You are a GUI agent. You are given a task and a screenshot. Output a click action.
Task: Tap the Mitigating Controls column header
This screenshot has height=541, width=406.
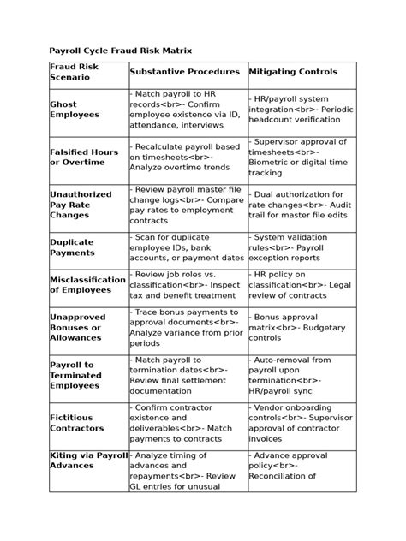[x=292, y=72]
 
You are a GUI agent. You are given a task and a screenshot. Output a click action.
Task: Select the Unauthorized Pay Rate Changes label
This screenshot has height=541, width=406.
[x=81, y=205]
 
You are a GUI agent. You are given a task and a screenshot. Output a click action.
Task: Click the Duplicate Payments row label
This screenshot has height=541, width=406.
[x=72, y=247]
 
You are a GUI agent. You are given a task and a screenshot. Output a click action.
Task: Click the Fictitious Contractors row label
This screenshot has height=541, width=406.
[x=76, y=423]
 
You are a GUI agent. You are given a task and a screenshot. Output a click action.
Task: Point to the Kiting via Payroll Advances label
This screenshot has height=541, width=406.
[x=88, y=461]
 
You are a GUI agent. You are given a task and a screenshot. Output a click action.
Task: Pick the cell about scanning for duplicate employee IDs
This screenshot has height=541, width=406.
[x=188, y=247]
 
